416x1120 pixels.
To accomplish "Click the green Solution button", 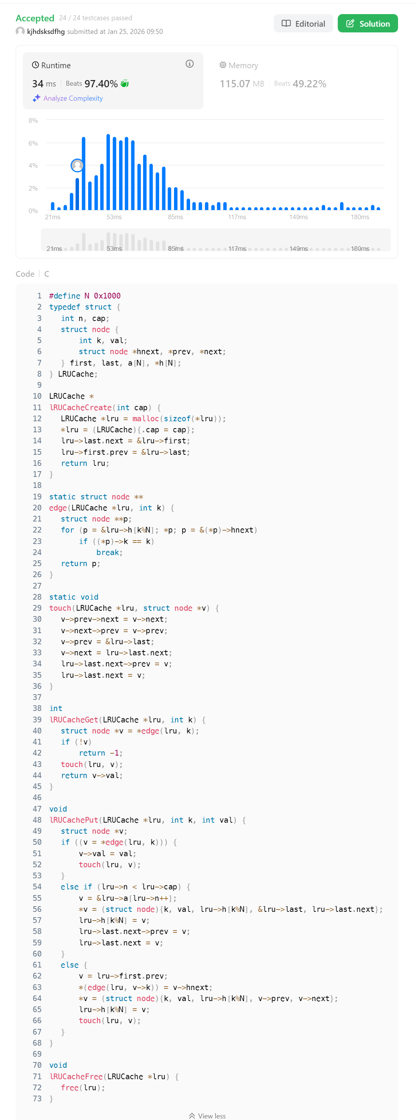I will point(367,24).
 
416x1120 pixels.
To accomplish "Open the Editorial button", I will point(303,24).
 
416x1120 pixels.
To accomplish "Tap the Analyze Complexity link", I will point(73,98).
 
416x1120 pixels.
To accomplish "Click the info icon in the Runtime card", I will point(189,64).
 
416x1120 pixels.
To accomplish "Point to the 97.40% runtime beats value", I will point(101,83).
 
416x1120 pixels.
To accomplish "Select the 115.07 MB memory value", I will point(242,83).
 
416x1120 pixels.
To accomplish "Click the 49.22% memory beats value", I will point(309,83).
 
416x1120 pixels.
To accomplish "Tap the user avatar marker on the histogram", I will point(77,165).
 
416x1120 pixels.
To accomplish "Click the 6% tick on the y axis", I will point(33,143).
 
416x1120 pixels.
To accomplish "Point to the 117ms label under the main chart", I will point(237,217).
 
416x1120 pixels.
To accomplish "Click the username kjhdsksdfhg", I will point(46,31).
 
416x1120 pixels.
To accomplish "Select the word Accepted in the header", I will point(35,18).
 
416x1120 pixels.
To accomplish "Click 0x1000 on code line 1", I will point(107,296).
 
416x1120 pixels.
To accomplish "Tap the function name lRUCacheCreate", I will point(81,408).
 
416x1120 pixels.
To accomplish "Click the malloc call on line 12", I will point(145,418).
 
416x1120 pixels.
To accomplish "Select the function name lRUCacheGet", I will point(74,720).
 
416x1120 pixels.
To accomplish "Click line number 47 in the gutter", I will point(37,809).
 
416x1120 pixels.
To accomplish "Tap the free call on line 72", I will point(69,1087).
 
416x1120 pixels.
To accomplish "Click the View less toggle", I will point(208,1116).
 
